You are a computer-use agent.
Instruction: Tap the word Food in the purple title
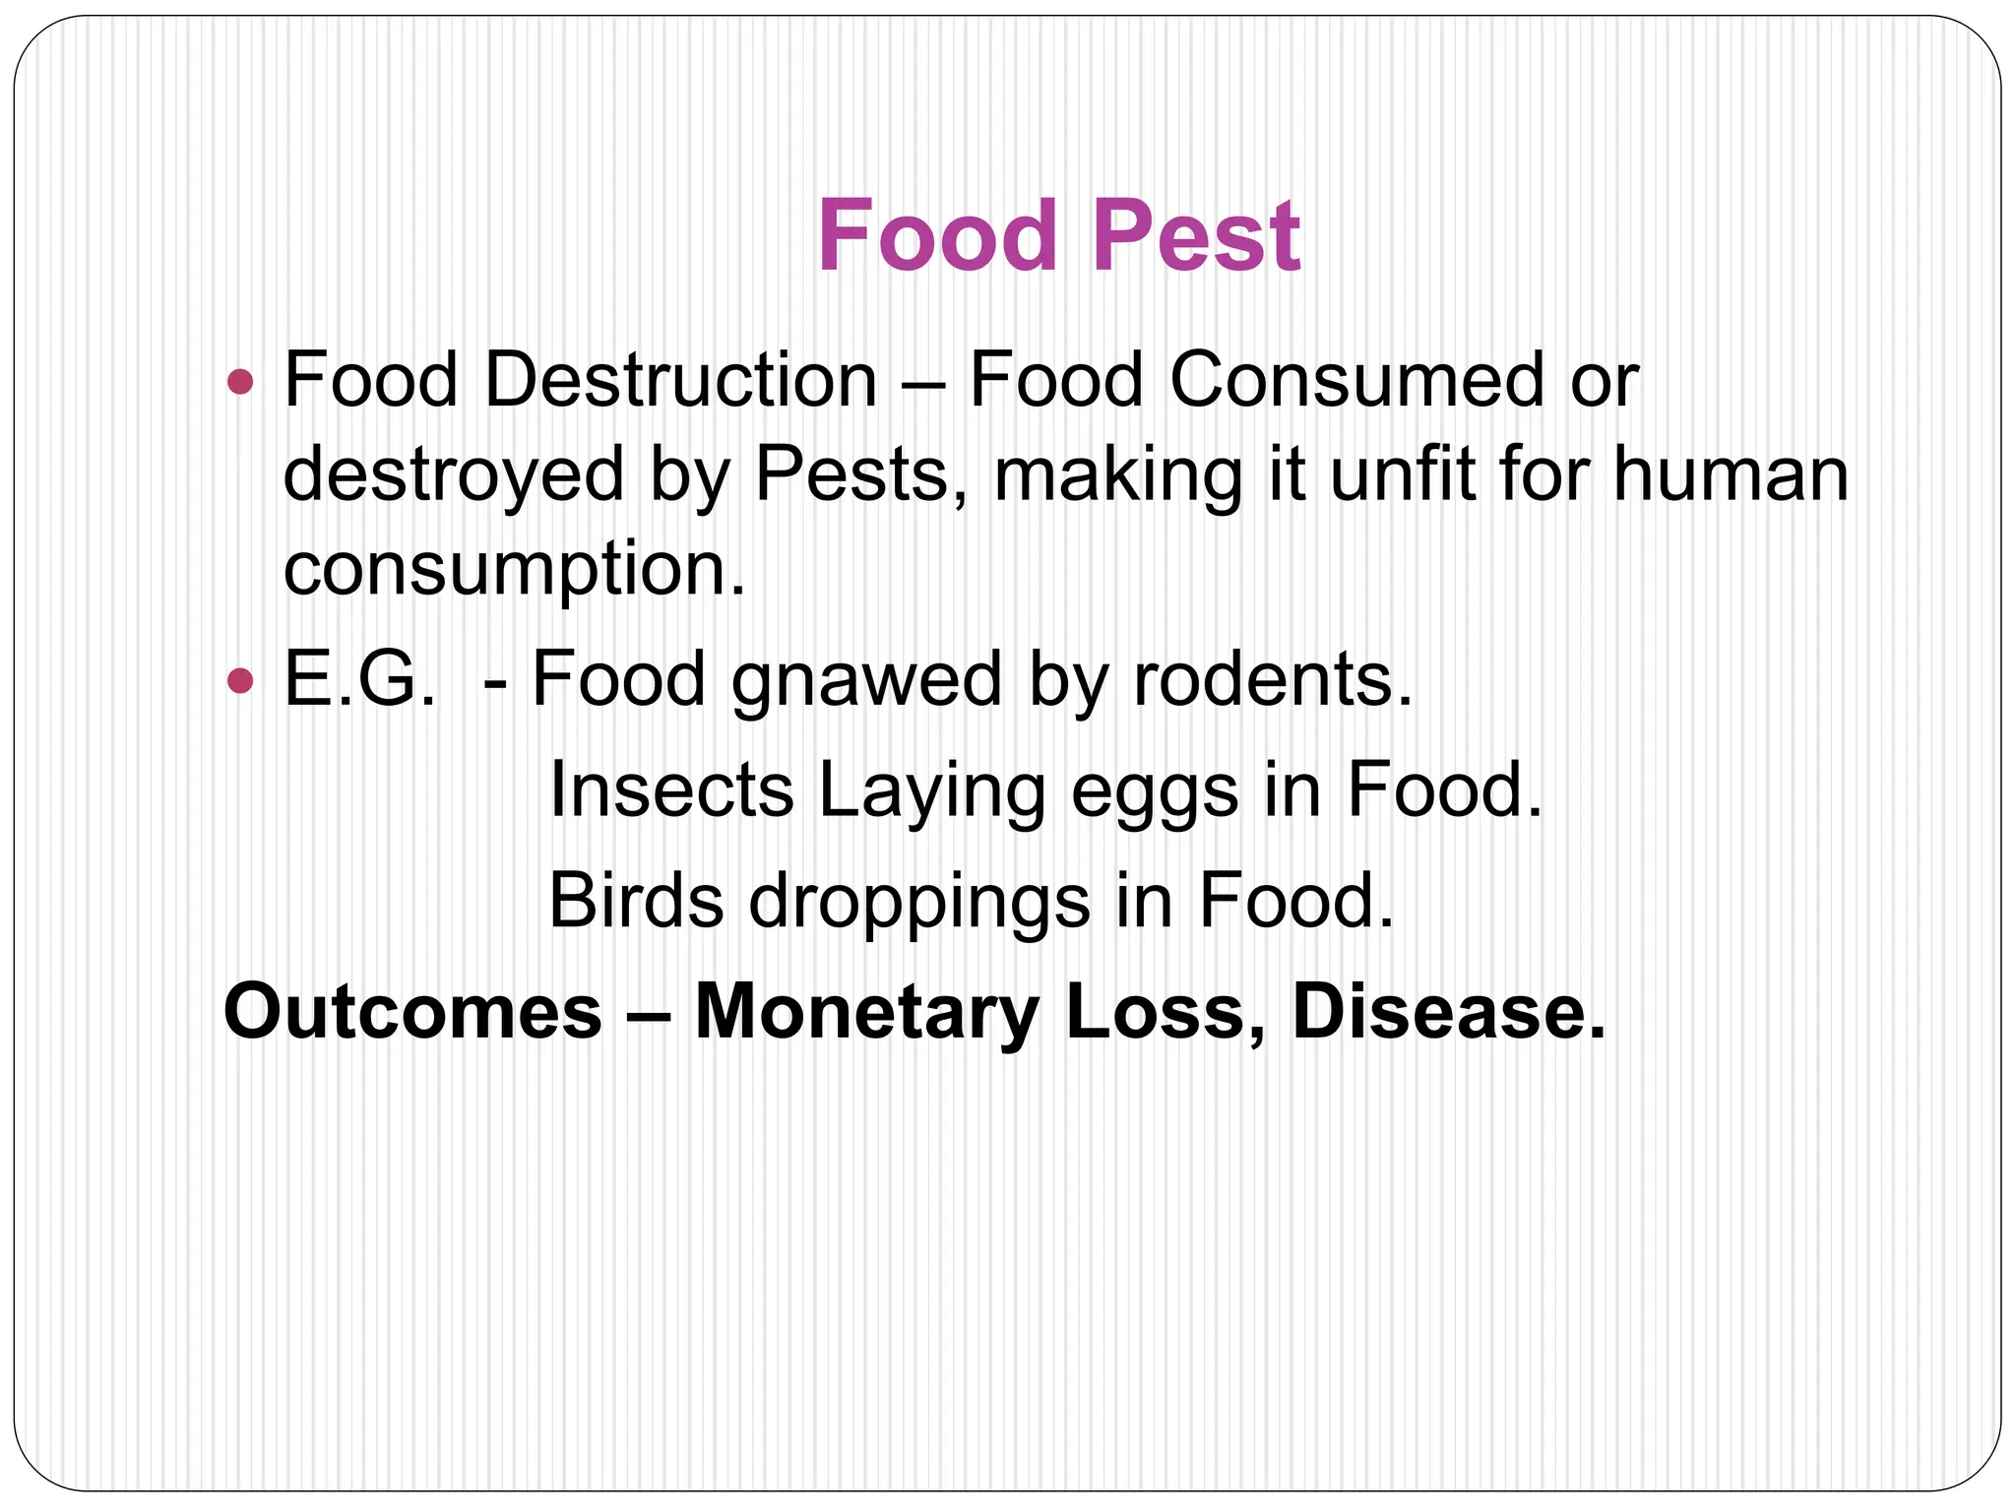point(936,236)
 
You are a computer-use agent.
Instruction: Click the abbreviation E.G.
point(360,679)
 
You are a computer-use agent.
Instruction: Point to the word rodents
point(1272,679)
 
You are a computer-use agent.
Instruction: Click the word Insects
point(670,789)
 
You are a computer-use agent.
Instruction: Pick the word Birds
point(635,900)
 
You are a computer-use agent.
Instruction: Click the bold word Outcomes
point(412,1012)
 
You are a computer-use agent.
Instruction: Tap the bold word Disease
point(1448,1012)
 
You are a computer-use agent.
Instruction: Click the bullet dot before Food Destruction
point(239,381)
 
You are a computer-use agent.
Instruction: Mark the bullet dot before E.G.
point(239,679)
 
